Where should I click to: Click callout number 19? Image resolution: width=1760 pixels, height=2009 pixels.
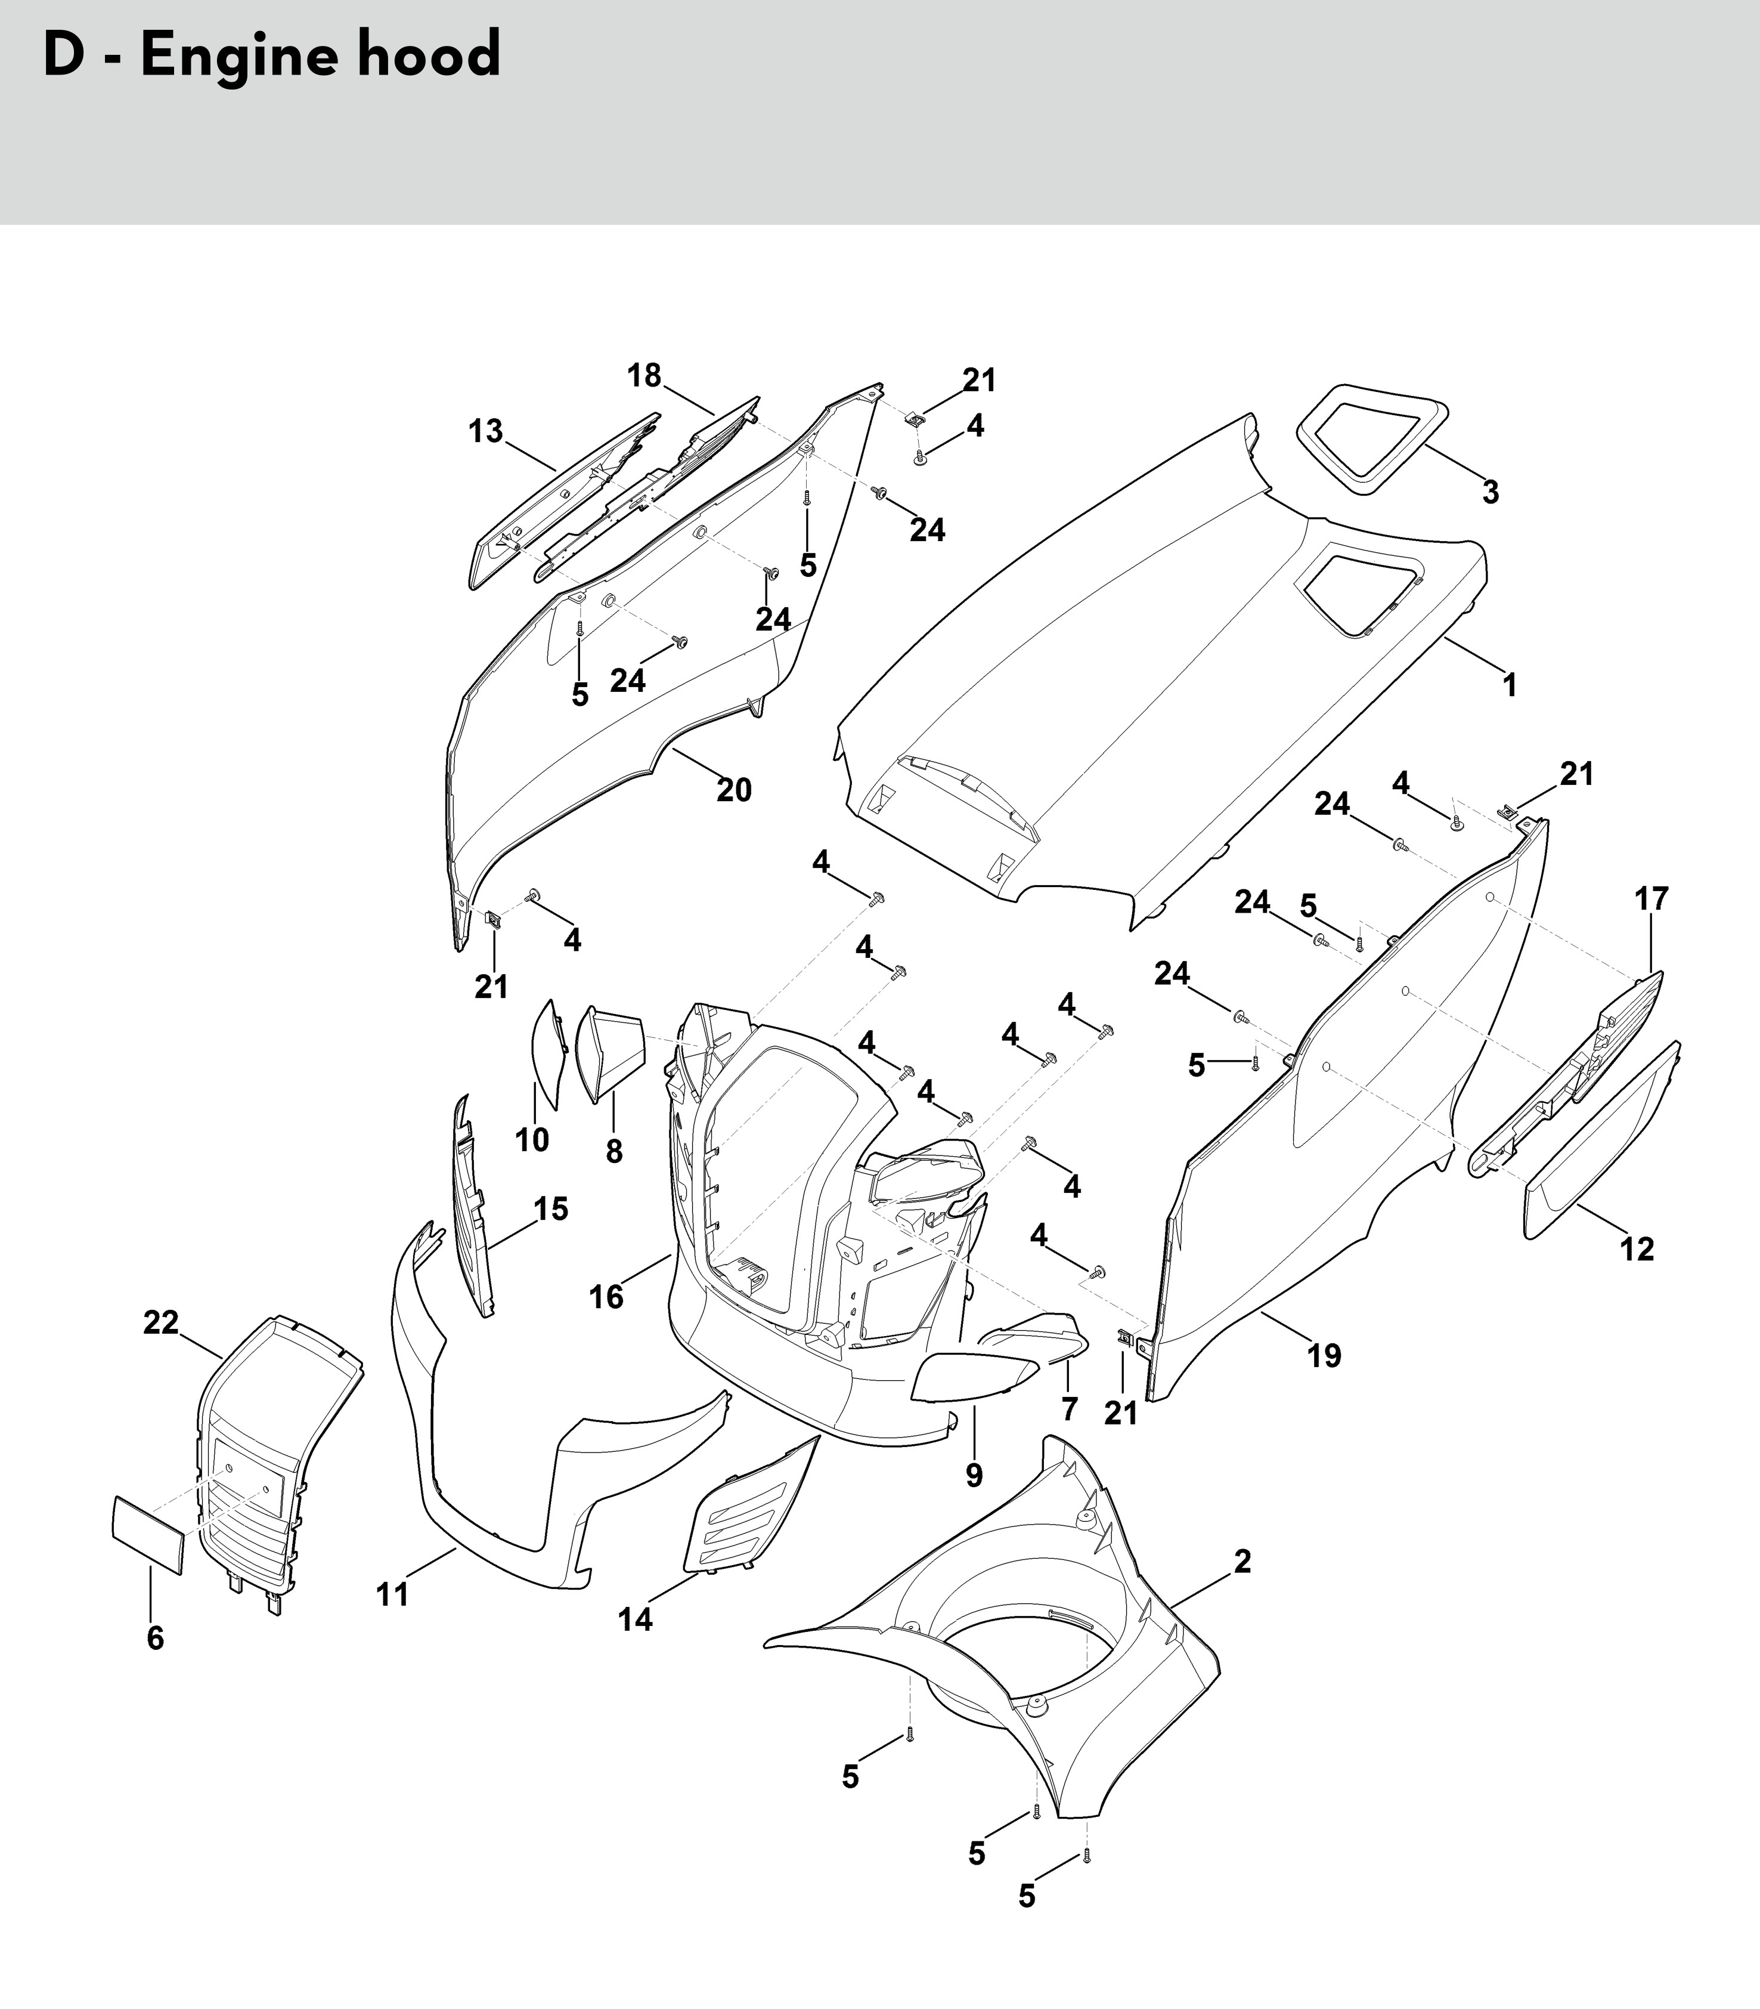coord(1324,1356)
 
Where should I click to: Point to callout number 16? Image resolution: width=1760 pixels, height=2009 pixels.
coord(606,1297)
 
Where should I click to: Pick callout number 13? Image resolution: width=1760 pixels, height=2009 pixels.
coord(485,431)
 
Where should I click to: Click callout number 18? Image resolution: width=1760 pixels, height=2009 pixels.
coord(644,375)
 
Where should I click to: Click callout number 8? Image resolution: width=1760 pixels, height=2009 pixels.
coord(614,1151)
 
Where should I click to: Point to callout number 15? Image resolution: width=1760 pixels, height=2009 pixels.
coord(551,1209)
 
